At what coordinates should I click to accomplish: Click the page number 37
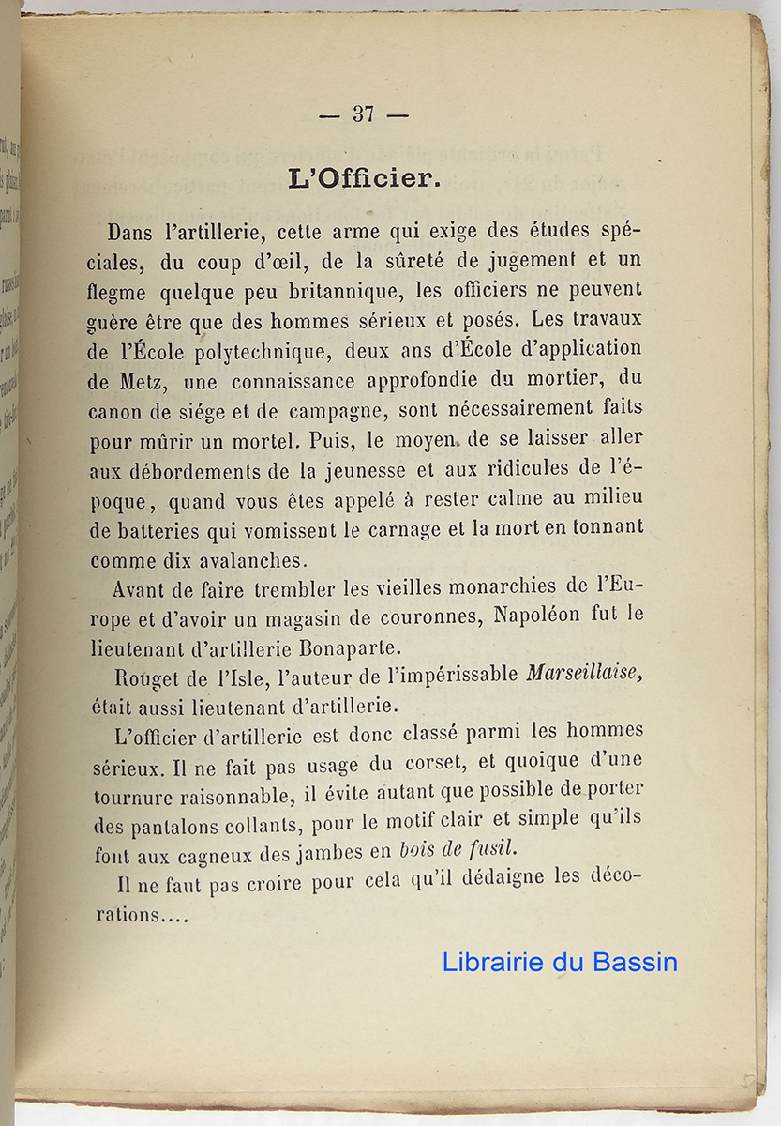pos(363,114)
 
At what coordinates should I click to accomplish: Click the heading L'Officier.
pos(364,178)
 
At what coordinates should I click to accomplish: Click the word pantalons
pos(176,825)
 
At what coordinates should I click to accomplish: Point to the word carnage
pos(378,530)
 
